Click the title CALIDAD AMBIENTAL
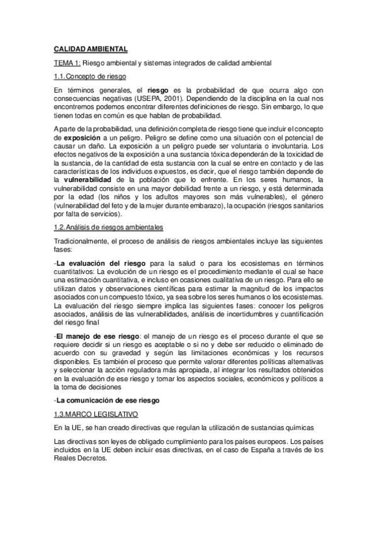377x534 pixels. pos(90,48)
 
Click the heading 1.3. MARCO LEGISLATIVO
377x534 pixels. pos(98,414)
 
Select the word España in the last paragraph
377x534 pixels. pos(264,450)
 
